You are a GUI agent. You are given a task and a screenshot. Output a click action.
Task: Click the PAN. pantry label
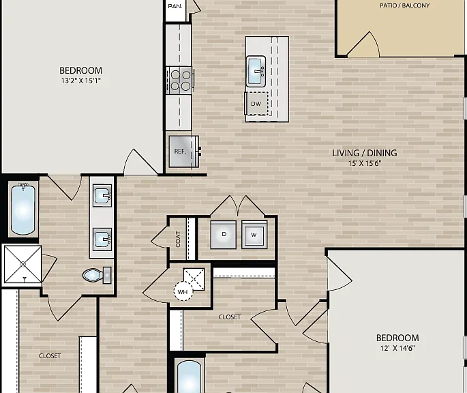(175, 6)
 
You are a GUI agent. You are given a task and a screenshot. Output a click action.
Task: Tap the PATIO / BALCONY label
(404, 5)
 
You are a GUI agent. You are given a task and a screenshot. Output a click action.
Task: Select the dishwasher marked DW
(256, 104)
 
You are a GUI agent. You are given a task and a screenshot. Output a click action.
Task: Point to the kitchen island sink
(256, 71)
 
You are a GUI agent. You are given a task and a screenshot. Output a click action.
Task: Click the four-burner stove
(180, 81)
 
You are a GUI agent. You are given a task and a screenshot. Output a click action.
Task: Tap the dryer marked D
(224, 235)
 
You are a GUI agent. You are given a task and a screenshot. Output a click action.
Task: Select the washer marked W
(254, 235)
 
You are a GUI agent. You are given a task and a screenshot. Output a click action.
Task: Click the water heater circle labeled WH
(183, 291)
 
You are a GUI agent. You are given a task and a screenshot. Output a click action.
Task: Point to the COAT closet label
(178, 239)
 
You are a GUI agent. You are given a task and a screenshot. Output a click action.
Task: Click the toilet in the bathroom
(97, 275)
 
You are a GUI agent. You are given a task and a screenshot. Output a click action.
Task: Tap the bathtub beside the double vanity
(23, 209)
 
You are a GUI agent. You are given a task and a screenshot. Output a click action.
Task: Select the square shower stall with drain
(23, 264)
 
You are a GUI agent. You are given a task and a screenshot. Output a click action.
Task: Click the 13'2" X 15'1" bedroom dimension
(81, 81)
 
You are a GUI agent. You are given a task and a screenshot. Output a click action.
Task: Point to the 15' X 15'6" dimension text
(365, 163)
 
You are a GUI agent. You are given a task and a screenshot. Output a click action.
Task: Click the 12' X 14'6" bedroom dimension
(397, 348)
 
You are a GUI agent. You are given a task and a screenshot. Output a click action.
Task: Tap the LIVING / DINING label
(365, 153)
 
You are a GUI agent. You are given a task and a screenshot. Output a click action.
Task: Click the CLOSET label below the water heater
(229, 317)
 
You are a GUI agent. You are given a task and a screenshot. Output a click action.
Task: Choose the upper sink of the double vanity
(102, 195)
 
